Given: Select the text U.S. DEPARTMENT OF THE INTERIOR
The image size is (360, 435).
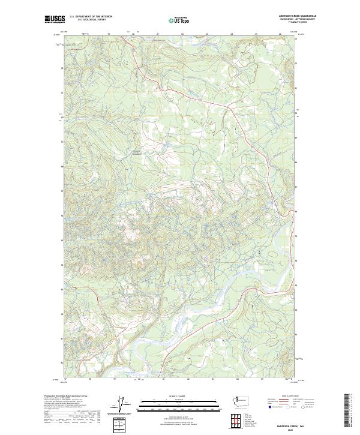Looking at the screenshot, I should tap(91, 17).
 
